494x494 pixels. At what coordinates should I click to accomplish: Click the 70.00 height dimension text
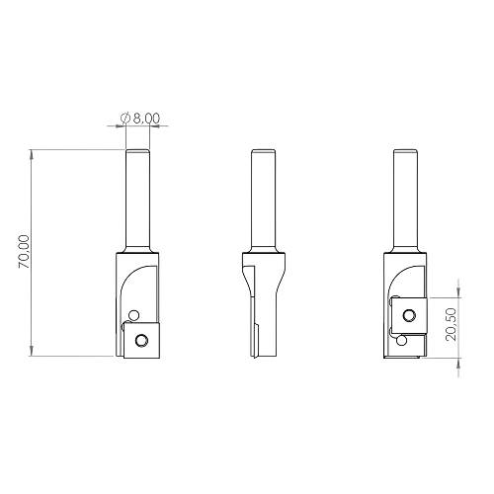click(24, 252)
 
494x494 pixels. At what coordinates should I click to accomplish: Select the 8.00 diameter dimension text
click(144, 118)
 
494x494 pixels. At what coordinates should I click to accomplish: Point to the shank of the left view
click(136, 198)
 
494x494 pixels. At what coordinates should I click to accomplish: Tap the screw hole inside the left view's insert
click(143, 340)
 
